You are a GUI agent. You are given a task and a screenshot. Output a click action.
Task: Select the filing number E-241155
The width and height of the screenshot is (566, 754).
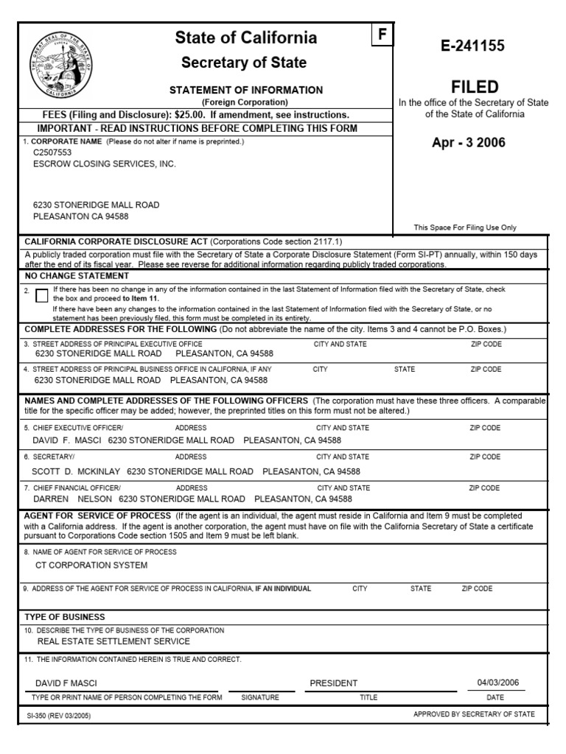[468, 46]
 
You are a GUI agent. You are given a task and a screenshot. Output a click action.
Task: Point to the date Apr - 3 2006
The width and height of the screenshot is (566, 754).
[469, 143]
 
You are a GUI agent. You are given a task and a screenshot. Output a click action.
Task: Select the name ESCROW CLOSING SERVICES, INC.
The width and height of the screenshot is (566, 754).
[105, 164]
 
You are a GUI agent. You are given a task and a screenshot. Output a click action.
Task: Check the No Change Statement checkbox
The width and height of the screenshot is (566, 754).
[41, 295]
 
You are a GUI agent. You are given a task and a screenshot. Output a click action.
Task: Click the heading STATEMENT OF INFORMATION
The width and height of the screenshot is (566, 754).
[246, 90]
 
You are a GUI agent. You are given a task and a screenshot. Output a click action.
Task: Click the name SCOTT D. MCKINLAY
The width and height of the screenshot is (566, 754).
[76, 471]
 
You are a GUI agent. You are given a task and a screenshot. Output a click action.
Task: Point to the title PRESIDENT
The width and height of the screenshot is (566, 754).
[334, 683]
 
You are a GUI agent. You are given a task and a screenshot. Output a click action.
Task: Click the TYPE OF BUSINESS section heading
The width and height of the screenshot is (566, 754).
[65, 616]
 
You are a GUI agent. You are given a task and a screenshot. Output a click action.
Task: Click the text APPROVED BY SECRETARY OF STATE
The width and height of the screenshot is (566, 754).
[474, 714]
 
